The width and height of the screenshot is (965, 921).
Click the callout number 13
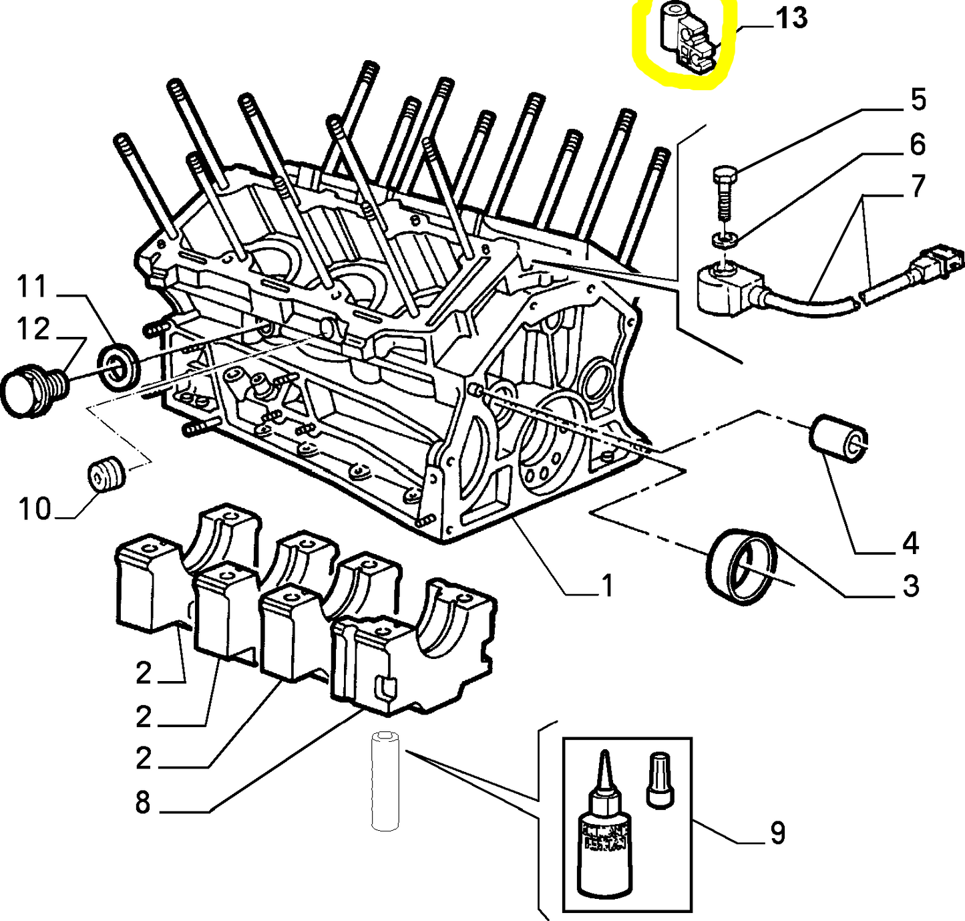point(791,19)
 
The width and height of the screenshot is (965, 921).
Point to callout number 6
point(918,145)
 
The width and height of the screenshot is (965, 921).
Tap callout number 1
point(606,586)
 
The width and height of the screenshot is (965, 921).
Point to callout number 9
point(777,833)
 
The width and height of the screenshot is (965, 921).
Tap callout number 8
point(143,802)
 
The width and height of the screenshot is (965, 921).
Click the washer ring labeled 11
point(120,366)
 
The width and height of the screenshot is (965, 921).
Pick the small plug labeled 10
point(106,474)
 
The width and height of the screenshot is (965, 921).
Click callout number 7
point(918,186)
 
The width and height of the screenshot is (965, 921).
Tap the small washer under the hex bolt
point(723,239)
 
